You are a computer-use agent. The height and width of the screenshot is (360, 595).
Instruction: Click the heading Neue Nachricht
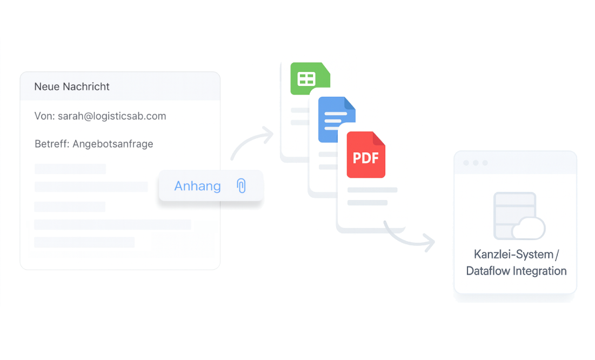click(x=72, y=86)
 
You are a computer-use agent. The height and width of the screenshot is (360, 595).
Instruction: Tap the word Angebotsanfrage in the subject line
click(x=113, y=144)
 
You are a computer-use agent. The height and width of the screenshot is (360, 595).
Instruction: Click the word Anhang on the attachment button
click(x=197, y=186)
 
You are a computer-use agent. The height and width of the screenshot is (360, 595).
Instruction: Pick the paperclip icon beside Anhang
click(x=241, y=186)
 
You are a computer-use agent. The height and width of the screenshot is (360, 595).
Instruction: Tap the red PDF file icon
click(x=366, y=155)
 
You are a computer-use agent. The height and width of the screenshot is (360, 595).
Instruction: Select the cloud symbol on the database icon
click(x=528, y=229)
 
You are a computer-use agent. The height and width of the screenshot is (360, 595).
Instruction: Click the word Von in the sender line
click(x=43, y=116)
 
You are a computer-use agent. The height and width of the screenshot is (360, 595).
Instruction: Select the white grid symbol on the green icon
click(x=306, y=79)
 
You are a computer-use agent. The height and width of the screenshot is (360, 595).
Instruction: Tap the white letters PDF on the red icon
click(x=366, y=158)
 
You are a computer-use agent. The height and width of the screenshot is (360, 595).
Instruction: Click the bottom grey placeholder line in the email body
click(x=84, y=242)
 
